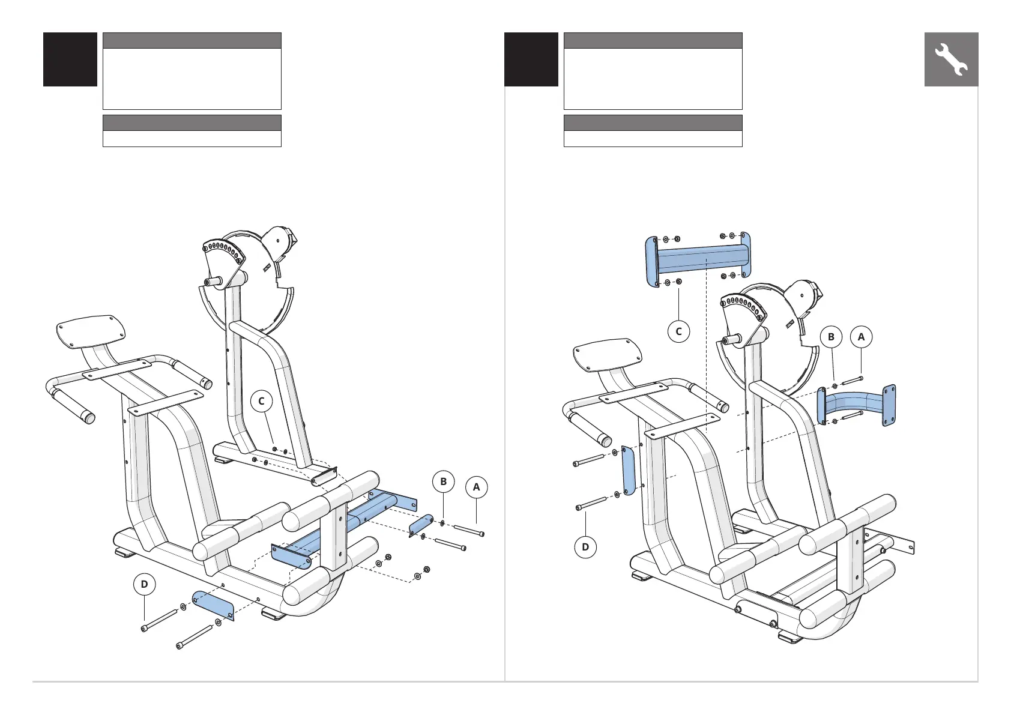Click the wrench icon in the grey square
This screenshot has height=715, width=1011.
click(951, 59)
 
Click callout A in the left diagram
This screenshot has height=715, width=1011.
click(477, 487)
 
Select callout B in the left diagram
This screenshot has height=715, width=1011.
click(443, 481)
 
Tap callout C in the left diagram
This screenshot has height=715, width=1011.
click(262, 401)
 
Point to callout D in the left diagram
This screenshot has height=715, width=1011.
click(144, 584)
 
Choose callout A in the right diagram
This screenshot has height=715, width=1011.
click(861, 337)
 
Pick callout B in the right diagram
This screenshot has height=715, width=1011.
click(831, 337)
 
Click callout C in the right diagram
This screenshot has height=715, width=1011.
click(678, 331)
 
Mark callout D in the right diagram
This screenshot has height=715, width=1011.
click(585, 547)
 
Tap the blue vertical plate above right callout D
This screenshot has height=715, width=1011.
click(628, 470)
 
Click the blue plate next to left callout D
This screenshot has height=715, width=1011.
click(213, 605)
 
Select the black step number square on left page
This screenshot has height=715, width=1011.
click(70, 59)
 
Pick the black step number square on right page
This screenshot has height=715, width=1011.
click(531, 59)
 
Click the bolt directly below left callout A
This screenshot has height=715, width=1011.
click(469, 530)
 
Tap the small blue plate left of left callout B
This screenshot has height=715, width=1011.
click(421, 526)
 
